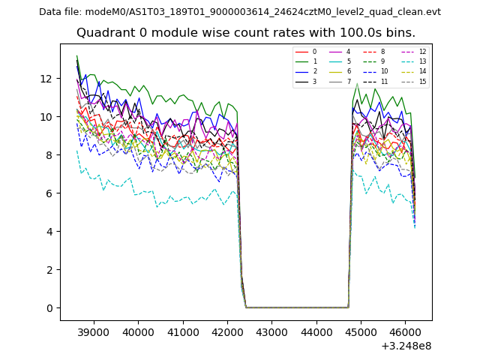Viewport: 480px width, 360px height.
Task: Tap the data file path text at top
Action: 240,12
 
